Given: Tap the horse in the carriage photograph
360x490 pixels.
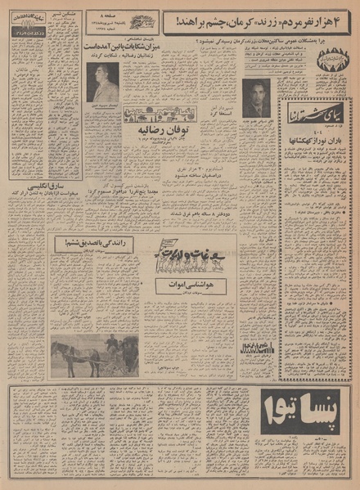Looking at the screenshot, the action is click(69, 353).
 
